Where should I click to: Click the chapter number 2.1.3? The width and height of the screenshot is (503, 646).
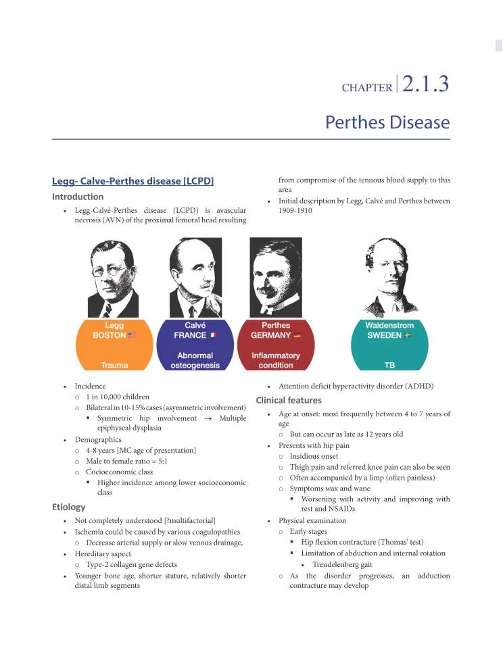tap(425, 84)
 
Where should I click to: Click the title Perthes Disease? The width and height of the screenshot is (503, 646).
tap(387, 122)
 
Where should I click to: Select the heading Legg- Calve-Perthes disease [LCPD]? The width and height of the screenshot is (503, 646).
tap(133, 181)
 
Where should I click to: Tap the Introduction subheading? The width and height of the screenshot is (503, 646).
tap(78, 197)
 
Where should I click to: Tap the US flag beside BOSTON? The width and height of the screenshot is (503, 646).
tap(131, 335)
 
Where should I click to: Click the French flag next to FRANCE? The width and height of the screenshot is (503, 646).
tap(213, 335)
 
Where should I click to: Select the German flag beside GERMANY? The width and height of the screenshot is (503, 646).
tap(297, 335)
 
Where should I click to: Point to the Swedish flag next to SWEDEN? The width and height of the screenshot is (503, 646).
tap(408, 335)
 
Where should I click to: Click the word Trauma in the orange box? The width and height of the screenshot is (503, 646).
tap(114, 366)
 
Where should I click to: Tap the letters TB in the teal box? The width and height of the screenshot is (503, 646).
tap(389, 366)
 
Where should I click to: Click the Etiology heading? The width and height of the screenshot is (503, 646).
tap(69, 507)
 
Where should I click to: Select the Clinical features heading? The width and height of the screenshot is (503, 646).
tap(288, 400)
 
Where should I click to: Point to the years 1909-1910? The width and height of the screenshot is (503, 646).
tap(295, 211)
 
